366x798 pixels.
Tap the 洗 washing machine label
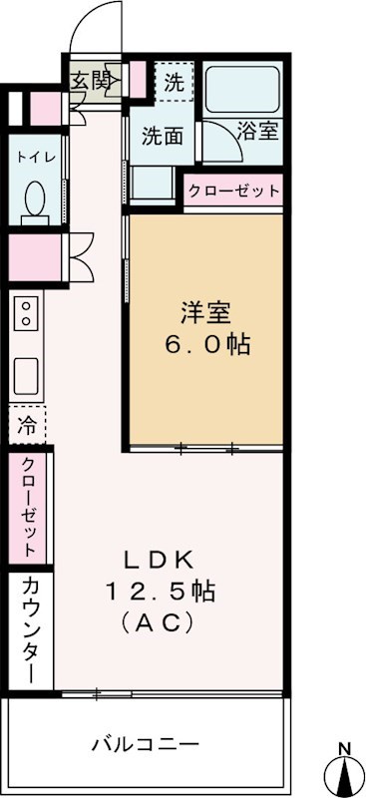coord(174,83)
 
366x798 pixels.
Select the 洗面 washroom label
coord(161,136)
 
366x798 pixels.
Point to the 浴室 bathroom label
coord(257,130)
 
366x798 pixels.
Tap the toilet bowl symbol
coord(32,199)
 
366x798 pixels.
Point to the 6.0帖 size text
coord(206,346)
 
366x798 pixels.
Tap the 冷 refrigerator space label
coord(27,424)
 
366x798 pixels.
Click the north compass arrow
coord(343,772)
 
